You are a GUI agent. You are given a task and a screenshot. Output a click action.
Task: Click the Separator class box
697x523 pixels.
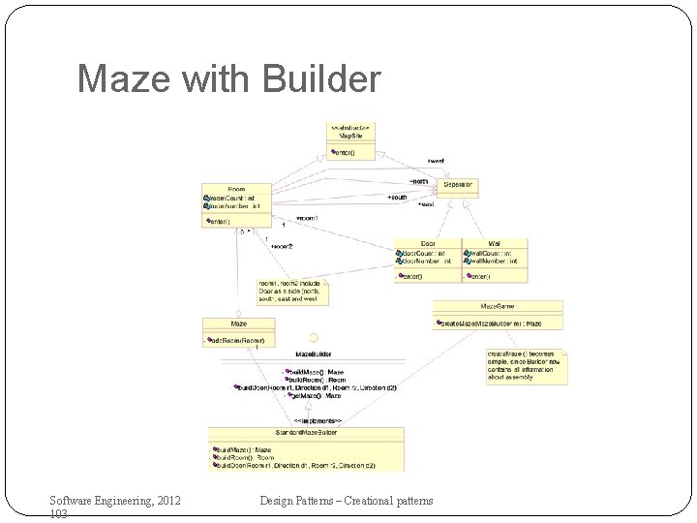[457, 185]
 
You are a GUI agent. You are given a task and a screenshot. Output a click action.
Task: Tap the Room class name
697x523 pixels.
[236, 190]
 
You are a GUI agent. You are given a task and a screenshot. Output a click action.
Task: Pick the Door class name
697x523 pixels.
[428, 243]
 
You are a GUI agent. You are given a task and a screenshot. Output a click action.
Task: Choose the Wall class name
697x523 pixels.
[495, 243]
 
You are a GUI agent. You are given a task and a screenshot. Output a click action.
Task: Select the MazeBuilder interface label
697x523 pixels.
[314, 355]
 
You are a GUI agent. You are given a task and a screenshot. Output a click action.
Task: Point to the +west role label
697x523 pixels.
[436, 161]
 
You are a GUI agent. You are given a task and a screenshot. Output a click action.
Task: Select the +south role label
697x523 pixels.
[397, 198]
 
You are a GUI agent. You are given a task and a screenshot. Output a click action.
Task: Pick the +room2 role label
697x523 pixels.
[282, 246]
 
